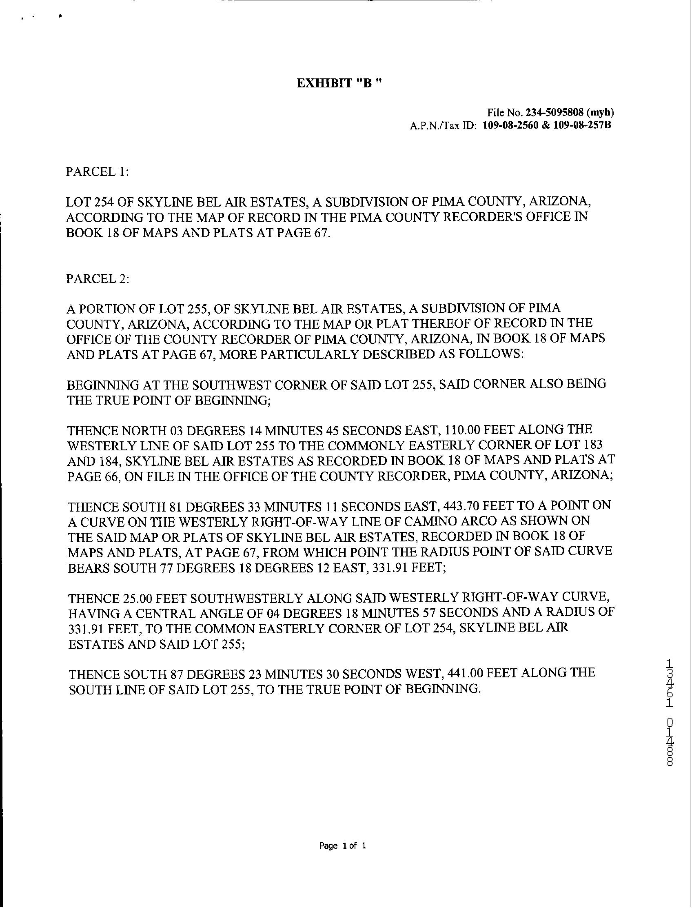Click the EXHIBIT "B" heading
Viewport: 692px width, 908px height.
click(340, 83)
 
